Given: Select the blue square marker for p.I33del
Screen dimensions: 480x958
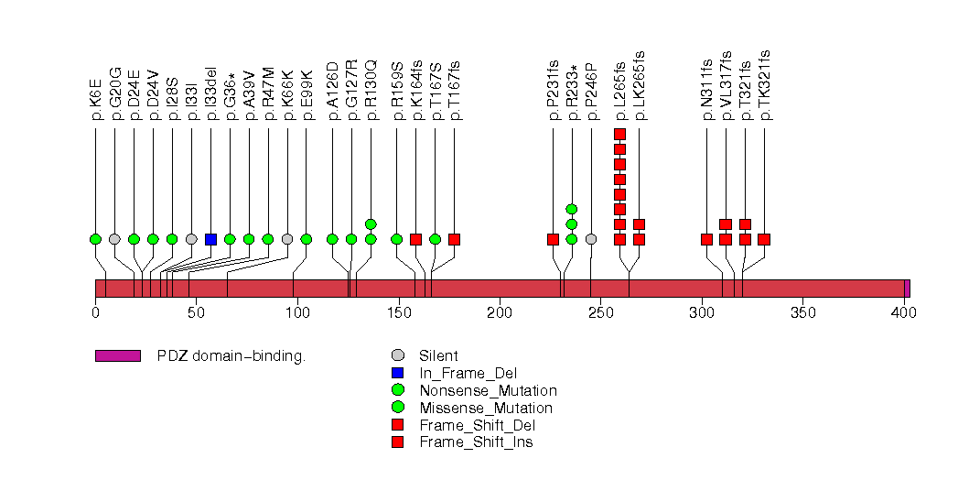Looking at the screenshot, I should click(x=210, y=239).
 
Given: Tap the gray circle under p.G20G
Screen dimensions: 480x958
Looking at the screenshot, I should click(x=114, y=239).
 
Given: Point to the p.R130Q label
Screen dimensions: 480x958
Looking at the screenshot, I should click(x=371, y=91).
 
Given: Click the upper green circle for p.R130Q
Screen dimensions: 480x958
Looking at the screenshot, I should click(x=371, y=224).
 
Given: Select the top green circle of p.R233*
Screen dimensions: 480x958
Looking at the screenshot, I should click(x=572, y=209).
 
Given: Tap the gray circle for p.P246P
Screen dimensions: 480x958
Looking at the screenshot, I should click(x=591, y=239).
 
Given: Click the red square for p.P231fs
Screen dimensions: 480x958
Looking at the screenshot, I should click(x=553, y=239).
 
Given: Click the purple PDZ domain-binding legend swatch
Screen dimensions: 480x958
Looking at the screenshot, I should click(x=117, y=355).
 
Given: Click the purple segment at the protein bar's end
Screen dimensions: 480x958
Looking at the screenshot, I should click(x=907, y=289).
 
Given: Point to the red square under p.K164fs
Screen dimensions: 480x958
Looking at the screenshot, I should click(x=415, y=239).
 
